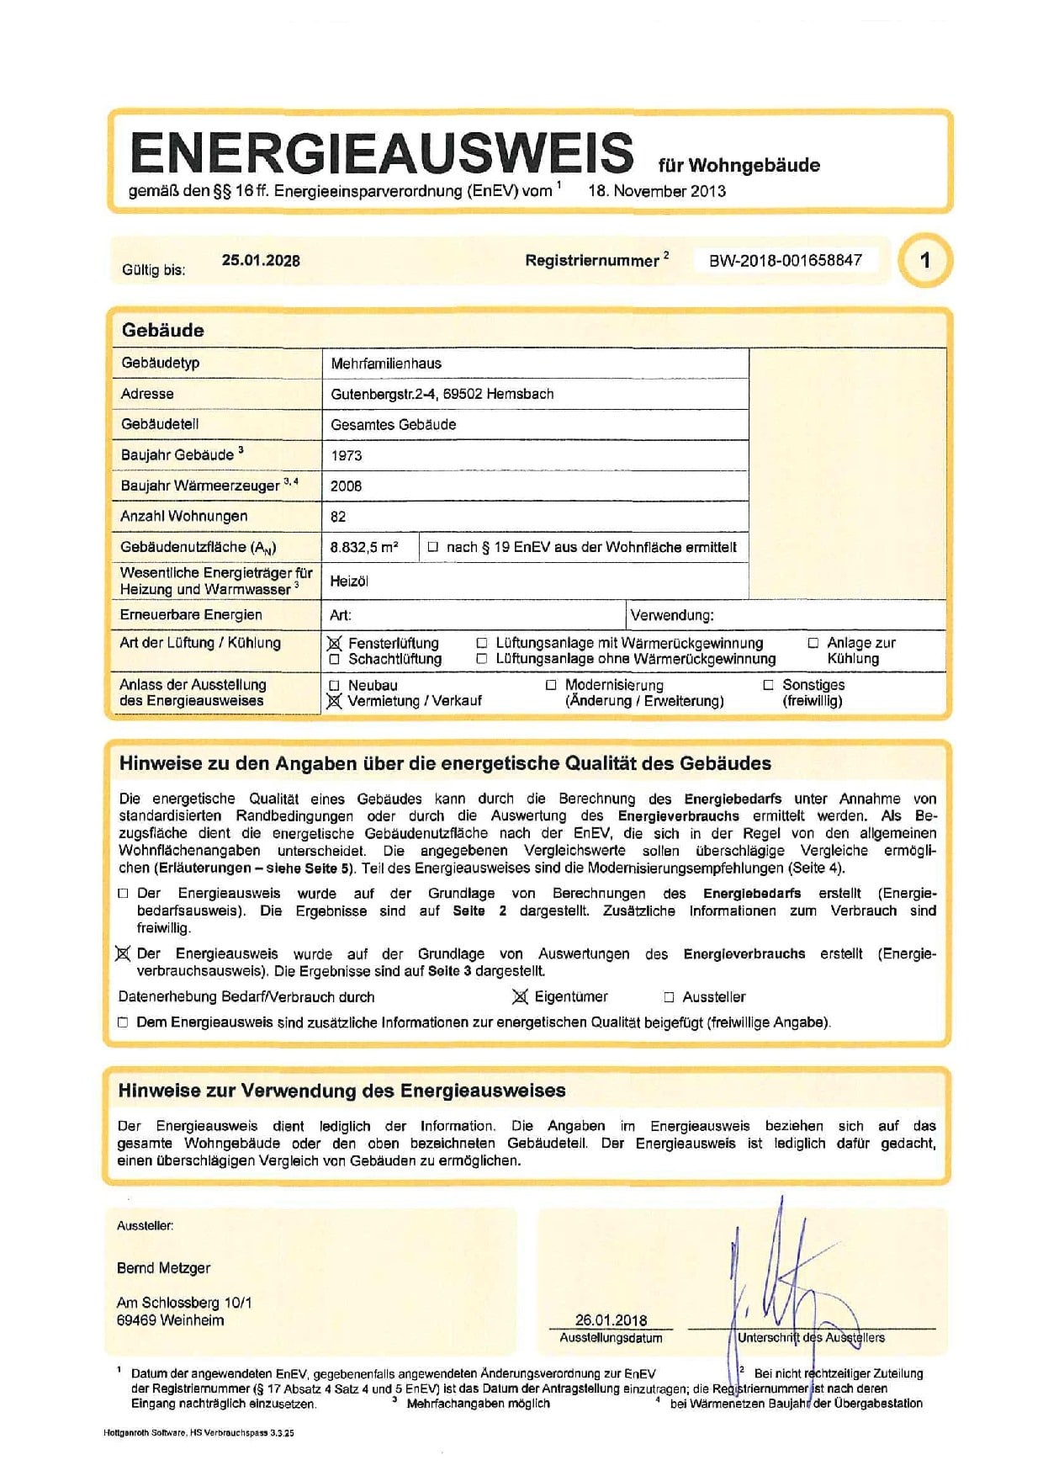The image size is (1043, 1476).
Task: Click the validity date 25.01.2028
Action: [x=261, y=261]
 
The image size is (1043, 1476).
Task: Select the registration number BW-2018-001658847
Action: [x=785, y=261]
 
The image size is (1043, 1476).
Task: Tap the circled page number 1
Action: [x=924, y=260]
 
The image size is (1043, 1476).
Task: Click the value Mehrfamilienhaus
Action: [x=386, y=364]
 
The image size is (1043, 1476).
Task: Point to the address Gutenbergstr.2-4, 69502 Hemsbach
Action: [x=442, y=394]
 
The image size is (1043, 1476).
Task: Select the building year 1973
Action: [x=346, y=455]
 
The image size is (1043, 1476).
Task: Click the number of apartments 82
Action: [x=338, y=517]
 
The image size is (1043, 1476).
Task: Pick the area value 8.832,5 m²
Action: [x=363, y=547]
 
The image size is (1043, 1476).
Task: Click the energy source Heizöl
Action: [x=349, y=581]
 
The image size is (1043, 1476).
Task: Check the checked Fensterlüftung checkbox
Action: [x=335, y=644]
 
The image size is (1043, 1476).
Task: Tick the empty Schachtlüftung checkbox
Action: [x=335, y=660]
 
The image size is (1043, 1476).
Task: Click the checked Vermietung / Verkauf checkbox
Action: [x=335, y=701]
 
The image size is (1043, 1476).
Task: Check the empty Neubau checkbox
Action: [x=335, y=686]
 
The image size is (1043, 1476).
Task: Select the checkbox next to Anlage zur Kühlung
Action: [x=813, y=643]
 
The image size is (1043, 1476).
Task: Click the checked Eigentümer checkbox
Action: [x=521, y=997]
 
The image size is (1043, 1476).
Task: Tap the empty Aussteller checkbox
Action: [x=670, y=997]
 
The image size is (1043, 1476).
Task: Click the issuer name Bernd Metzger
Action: [x=163, y=1268]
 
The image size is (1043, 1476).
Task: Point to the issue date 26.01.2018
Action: [x=611, y=1320]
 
